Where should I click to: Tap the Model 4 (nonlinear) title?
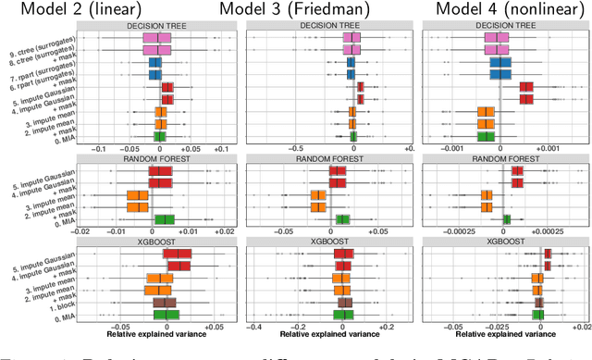pyautogui.click(x=493, y=12)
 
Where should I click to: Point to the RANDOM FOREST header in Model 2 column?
pyautogui.click(x=158, y=159)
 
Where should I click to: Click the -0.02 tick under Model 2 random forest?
pyautogui.click(x=83, y=230)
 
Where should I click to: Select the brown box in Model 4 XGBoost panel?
pyautogui.click(x=541, y=302)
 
